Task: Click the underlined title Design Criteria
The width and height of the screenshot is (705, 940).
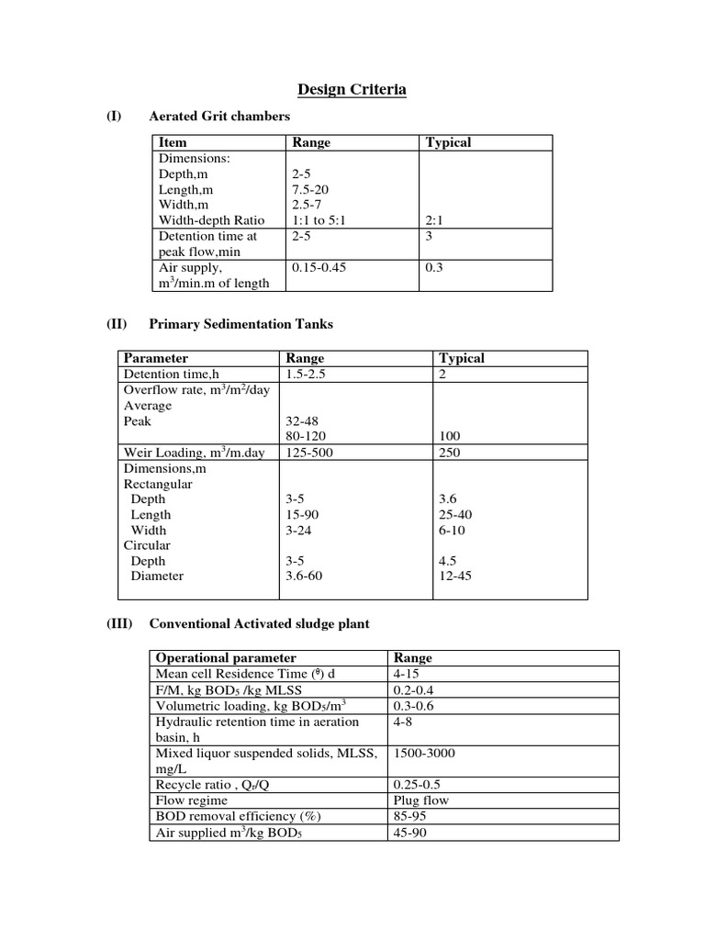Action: pyautogui.click(x=352, y=89)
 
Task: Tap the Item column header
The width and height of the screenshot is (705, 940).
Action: pyautogui.click(x=173, y=142)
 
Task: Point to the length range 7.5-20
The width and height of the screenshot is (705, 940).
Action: pyautogui.click(x=309, y=189)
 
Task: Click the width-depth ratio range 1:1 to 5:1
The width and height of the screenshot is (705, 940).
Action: pyautogui.click(x=319, y=220)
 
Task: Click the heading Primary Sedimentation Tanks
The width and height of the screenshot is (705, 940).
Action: pyautogui.click(x=241, y=324)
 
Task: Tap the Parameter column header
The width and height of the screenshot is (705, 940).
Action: pyautogui.click(x=156, y=358)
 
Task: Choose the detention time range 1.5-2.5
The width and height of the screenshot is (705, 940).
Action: pyautogui.click(x=307, y=375)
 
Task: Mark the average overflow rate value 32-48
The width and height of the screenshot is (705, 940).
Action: pyautogui.click(x=304, y=421)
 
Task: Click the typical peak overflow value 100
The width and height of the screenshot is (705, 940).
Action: pyautogui.click(x=451, y=437)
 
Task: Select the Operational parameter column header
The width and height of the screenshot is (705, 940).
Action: pyautogui.click(x=226, y=658)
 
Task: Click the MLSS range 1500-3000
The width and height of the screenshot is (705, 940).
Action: pyautogui.click(x=424, y=754)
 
